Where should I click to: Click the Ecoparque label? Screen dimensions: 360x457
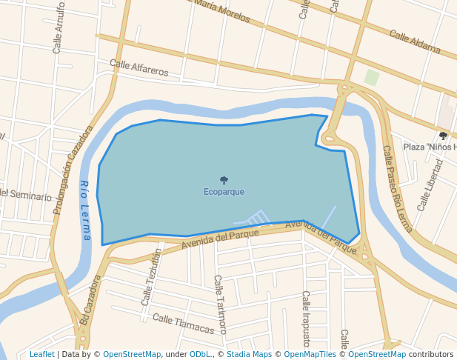(224, 192)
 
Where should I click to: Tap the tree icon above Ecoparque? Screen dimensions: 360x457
(224, 180)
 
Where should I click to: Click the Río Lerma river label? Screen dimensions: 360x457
(85, 211)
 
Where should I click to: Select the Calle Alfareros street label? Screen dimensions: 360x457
(139, 68)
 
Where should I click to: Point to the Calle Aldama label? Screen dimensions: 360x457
(415, 44)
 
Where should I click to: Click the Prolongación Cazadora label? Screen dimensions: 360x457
(73, 170)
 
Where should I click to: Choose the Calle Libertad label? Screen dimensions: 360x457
(430, 185)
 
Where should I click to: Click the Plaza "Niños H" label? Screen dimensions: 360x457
(429, 147)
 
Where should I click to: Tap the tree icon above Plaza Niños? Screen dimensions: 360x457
(443, 136)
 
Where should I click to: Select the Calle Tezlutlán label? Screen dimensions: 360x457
(151, 278)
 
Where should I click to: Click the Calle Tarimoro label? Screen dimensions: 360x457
(220, 304)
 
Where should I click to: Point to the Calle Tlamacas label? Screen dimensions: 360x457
(183, 324)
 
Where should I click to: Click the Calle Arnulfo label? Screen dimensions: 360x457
(59, 28)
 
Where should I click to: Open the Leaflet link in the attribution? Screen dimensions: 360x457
(41, 355)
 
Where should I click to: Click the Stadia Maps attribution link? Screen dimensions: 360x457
(249, 355)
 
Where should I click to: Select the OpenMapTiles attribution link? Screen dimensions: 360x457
(310, 355)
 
